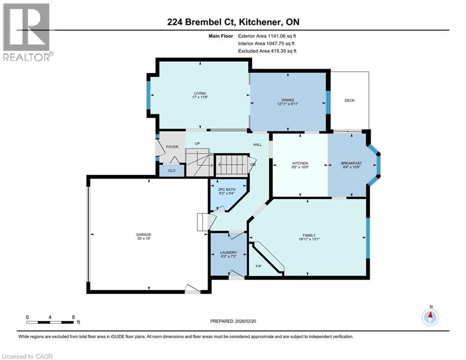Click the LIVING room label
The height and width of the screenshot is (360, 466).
pyautogui.click(x=200, y=93)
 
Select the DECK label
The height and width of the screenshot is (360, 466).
pyautogui.click(x=349, y=100)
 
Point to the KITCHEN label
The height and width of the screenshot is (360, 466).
pyautogui.click(x=299, y=164)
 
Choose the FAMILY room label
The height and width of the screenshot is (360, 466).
pyautogui.click(x=309, y=235)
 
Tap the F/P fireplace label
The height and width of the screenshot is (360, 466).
pyautogui.click(x=258, y=266)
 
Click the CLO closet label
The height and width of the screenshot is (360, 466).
pyautogui.click(x=172, y=171)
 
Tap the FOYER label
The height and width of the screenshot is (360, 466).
pyautogui.click(x=172, y=147)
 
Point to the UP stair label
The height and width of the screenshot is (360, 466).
pyautogui.click(x=198, y=144)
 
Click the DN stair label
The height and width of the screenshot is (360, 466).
pyautogui.click(x=253, y=165)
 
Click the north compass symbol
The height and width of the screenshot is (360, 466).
pyautogui.click(x=430, y=317)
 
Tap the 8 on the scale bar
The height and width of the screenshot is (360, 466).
pyautogui.click(x=74, y=317)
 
